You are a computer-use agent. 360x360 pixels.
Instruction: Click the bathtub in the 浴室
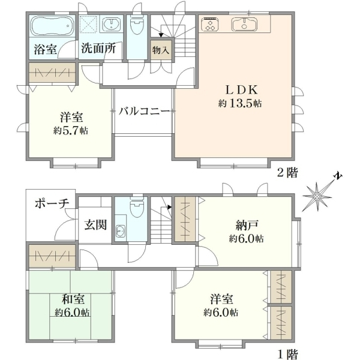[x=52, y=26]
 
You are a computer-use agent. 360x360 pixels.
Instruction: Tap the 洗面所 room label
[x=98, y=49]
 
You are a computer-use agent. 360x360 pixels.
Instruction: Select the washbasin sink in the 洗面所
[x=111, y=23]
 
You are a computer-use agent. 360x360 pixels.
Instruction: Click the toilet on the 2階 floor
[x=137, y=26]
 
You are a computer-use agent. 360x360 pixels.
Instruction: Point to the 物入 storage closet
[x=161, y=50]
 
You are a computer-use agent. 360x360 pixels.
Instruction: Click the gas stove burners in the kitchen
[x=210, y=24]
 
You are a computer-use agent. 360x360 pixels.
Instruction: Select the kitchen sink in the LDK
[x=244, y=24]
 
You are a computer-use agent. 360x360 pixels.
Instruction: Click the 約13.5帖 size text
[x=240, y=104]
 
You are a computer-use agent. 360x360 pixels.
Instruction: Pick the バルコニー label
[x=144, y=112]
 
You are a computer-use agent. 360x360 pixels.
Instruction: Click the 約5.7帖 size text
[x=71, y=131]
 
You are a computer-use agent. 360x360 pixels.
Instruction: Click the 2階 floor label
[x=287, y=172]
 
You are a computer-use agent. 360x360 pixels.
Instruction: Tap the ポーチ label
[x=52, y=203]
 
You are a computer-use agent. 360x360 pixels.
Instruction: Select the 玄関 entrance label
[x=95, y=225]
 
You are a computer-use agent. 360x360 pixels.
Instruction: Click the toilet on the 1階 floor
[x=137, y=205]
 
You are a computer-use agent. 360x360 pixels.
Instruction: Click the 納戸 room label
[x=247, y=225]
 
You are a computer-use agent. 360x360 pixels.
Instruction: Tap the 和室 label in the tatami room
[x=73, y=299]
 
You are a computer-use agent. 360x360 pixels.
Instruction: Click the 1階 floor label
[x=288, y=353]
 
